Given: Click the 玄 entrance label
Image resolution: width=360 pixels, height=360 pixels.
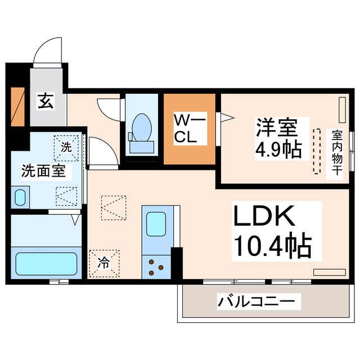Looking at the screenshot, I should [x=47, y=102].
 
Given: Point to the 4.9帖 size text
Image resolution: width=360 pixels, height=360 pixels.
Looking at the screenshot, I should [x=277, y=150].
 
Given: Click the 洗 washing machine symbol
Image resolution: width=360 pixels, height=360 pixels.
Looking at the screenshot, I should [x=66, y=148].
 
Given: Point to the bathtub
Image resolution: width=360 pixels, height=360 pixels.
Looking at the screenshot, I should [x=46, y=263].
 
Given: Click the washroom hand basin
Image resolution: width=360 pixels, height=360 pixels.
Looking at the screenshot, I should [x=20, y=197].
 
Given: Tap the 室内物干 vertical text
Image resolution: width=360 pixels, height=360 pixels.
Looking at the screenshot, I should [x=337, y=154].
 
